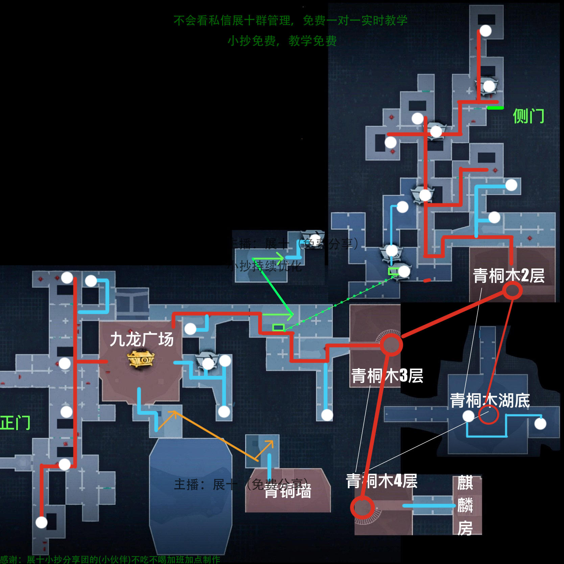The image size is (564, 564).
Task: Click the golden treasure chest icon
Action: pos(141,359)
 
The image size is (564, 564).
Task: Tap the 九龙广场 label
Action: pos(142,339)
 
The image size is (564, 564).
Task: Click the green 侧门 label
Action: pos(528,116)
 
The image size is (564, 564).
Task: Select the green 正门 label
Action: pos(15,423)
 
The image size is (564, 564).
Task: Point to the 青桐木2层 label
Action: pos(509,276)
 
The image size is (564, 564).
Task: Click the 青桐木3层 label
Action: pos(387,376)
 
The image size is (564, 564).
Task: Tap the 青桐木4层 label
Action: pos(381,481)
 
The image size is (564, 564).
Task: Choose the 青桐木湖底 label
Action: pos(490,400)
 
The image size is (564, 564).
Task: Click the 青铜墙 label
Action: pos(288,491)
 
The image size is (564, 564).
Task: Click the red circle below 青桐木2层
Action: pos(512,290)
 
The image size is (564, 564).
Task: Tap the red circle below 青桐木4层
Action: pos(362,507)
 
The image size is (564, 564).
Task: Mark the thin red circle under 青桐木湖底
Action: pos(489,415)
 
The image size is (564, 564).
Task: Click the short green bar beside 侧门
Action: pos(495,108)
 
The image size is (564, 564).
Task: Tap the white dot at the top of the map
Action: pos(486,31)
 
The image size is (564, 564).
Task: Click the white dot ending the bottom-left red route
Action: pos(42,522)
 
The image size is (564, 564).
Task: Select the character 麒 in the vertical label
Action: pos(465,483)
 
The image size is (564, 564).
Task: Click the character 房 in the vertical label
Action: pos(465,528)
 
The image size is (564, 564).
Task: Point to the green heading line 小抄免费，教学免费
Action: pos(282,41)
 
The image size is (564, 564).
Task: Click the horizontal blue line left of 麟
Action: pos(428,506)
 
